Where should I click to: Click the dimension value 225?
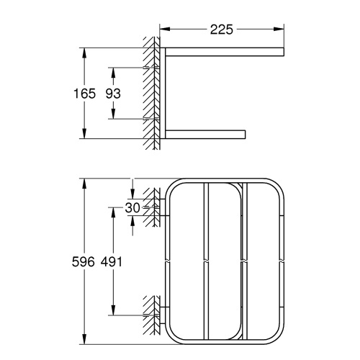220,30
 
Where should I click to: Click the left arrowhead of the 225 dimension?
163,30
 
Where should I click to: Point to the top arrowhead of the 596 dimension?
86,180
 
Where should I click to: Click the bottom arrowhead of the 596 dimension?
86,342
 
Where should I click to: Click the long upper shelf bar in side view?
223,51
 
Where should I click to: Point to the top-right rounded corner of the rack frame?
278,187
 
